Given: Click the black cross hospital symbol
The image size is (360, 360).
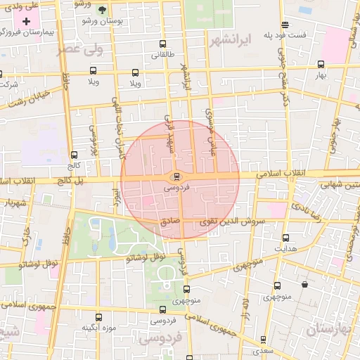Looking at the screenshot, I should click(27, 21).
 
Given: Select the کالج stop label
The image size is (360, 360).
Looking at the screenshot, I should click(74, 165).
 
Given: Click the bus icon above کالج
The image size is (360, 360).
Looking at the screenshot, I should click(74, 155).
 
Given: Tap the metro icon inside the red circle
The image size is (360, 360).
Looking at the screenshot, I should click(176, 176).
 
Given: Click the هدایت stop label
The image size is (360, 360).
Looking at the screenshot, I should click(285, 249).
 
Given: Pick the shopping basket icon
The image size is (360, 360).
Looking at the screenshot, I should click(304, 285).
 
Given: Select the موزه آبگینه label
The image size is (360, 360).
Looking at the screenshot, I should click(98, 327).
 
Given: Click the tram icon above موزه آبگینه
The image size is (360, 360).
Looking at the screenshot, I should click(98, 317).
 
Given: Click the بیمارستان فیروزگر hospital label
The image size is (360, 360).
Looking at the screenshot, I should click(31, 33).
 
